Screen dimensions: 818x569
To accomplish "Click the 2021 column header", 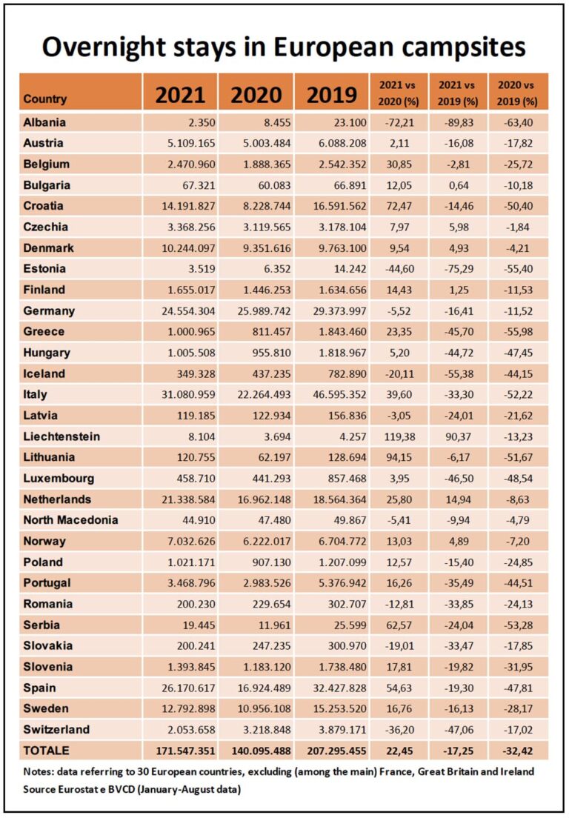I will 180,95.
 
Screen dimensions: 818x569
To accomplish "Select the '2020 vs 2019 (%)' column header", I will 519,93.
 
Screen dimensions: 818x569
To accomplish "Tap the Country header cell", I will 45,99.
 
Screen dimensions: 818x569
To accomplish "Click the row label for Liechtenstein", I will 61,436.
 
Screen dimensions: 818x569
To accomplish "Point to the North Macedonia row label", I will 70,520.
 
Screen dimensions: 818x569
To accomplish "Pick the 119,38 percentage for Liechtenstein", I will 396,436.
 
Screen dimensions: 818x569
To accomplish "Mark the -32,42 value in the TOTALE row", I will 519,751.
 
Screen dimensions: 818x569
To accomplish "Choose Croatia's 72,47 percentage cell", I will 396,206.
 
